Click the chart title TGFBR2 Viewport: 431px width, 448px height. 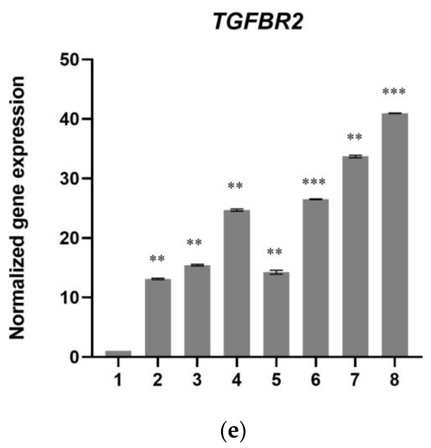[258, 22]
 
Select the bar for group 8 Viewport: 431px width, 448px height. [394, 234]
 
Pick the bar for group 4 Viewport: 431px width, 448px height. [237, 283]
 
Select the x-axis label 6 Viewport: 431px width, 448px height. [315, 380]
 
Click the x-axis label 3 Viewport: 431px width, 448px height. [197, 380]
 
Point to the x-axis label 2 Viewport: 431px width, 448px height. [157, 380]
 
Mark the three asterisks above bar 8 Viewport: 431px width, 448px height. [394, 92]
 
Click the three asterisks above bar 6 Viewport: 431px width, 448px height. [314, 182]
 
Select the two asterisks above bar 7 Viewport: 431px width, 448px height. [354, 137]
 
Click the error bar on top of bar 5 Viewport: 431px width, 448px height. [276, 272]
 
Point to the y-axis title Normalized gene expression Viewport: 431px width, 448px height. [17, 208]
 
